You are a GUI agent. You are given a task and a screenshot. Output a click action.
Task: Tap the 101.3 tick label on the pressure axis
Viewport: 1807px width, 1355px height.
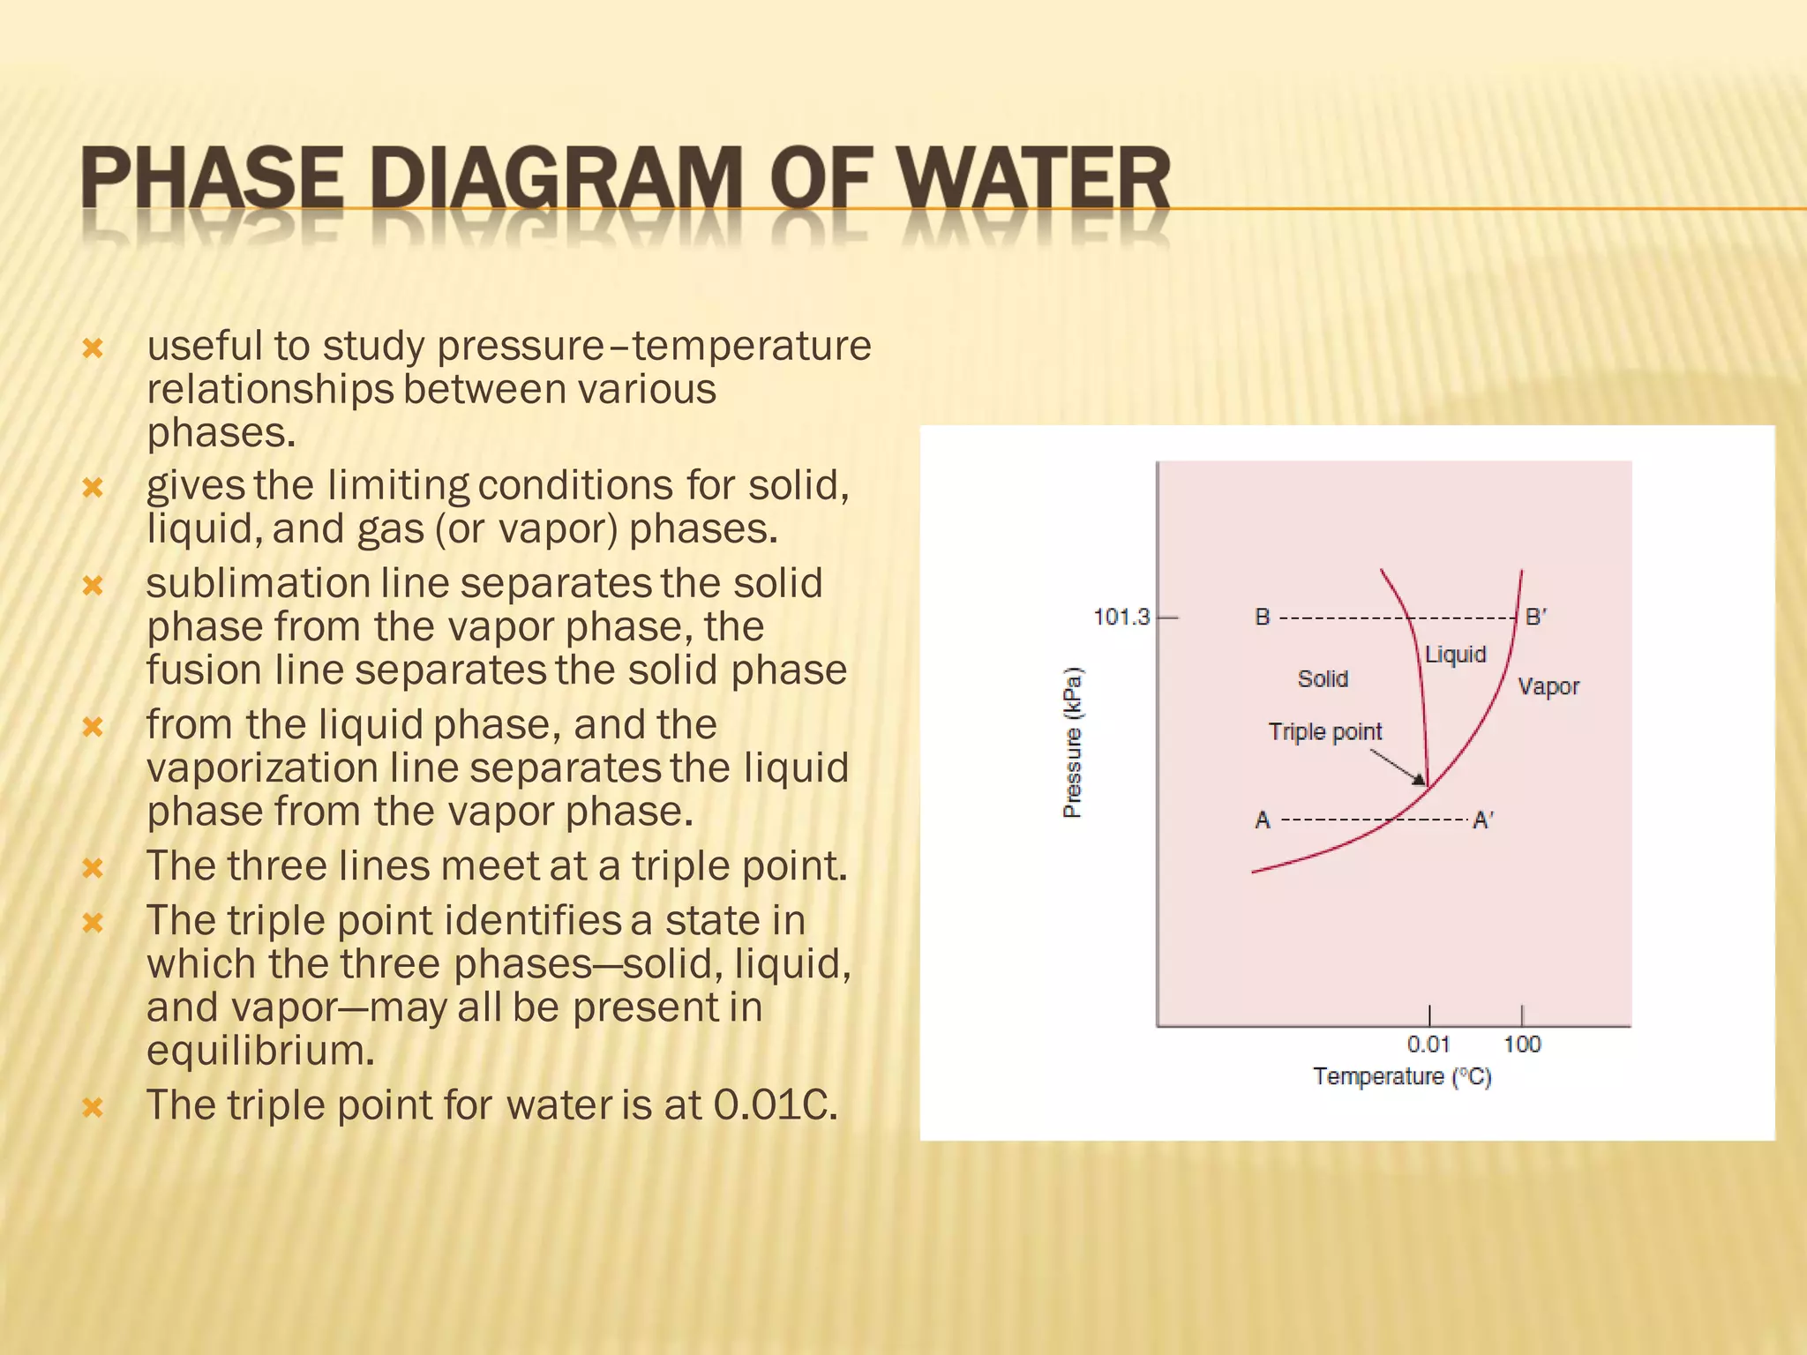(1121, 617)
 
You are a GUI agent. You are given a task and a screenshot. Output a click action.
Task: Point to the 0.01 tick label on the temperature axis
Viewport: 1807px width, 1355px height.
(1428, 1044)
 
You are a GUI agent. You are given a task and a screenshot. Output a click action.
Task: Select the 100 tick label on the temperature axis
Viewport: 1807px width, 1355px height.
(1521, 1044)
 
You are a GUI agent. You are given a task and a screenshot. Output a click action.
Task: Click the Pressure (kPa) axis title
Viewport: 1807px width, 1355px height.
(1072, 743)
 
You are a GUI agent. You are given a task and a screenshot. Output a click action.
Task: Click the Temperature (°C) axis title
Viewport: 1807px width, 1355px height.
(1401, 1077)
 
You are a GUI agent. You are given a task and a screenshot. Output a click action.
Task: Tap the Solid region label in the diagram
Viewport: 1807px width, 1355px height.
(1323, 678)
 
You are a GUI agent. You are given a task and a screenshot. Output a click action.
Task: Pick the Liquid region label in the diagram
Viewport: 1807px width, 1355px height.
(1455, 655)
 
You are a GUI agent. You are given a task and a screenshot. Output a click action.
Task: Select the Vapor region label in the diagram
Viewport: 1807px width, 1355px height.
(1548, 686)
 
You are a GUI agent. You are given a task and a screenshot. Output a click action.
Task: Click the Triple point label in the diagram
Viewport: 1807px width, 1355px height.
(1324, 731)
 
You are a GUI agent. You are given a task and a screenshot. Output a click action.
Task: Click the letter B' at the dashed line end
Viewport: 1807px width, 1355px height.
(1535, 617)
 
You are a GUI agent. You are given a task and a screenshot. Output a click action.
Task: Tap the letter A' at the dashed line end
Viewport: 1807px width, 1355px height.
(1482, 820)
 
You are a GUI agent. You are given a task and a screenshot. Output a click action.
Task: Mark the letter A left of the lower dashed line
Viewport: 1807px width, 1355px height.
(1263, 820)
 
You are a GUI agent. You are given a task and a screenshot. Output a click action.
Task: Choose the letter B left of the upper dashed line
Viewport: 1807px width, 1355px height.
(1263, 617)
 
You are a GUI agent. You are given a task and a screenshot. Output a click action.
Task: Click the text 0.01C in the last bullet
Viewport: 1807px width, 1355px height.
(774, 1105)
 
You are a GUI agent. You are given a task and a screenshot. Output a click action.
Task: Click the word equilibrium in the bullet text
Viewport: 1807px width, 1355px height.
(260, 1051)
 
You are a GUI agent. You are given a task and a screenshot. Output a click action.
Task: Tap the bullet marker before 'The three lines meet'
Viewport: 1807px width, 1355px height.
(93, 868)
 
